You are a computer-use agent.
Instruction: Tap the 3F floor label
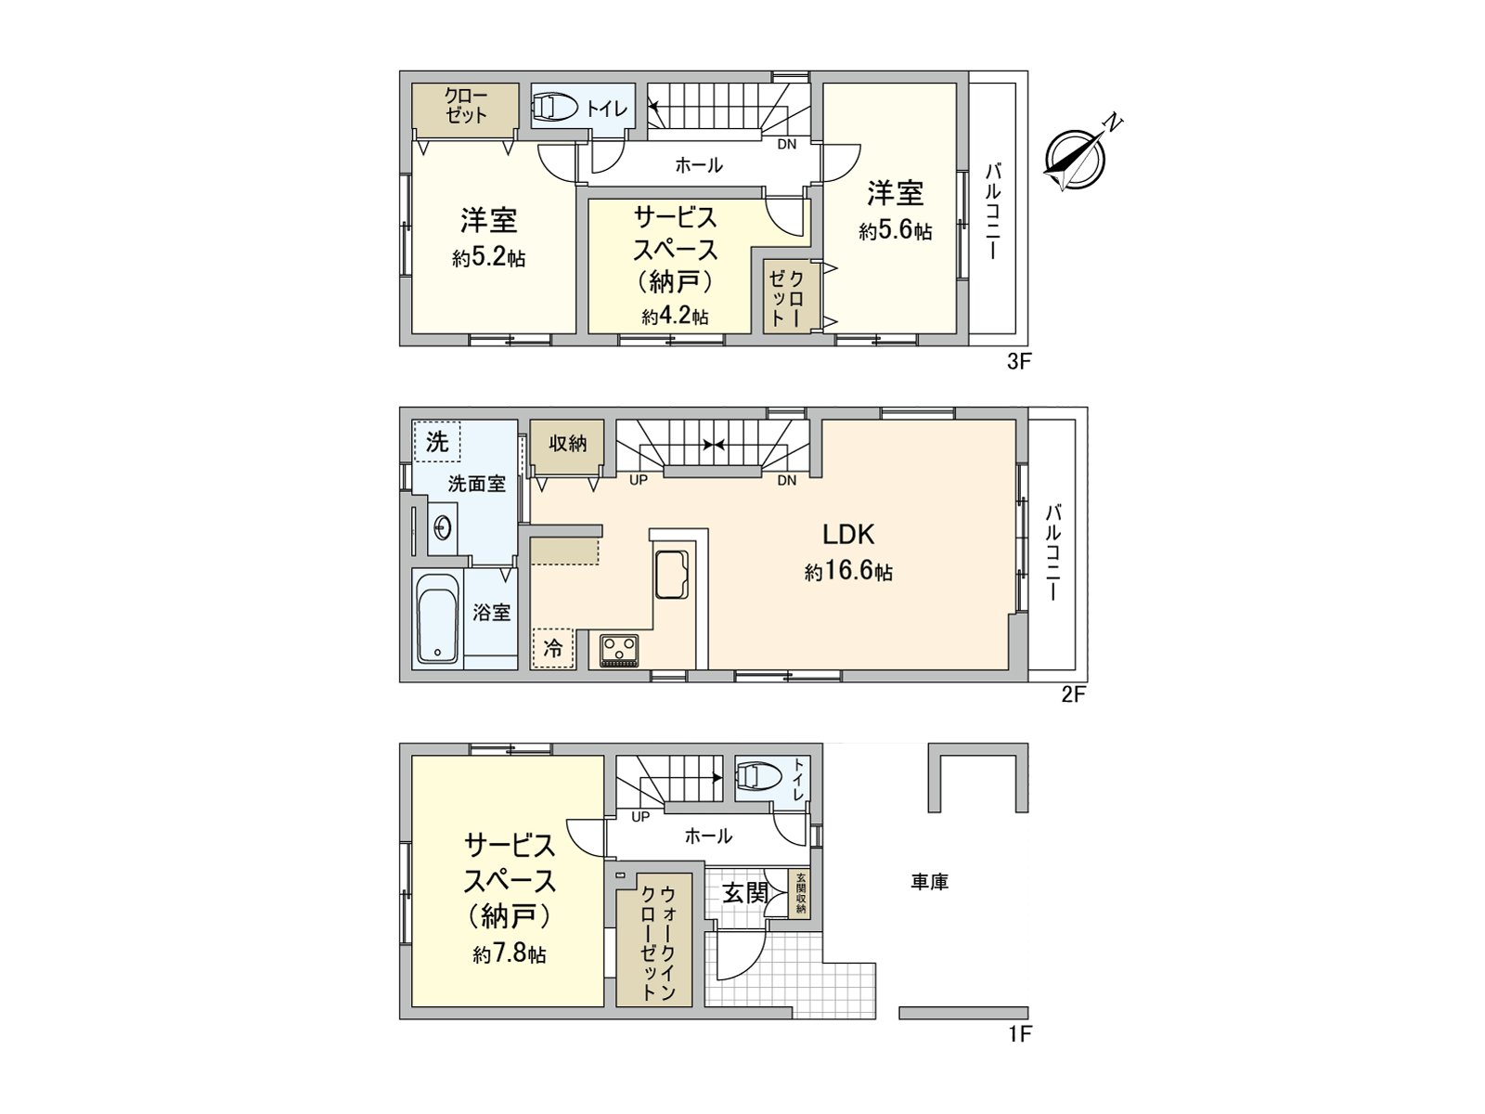(1019, 362)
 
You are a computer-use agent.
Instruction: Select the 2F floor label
(1073, 694)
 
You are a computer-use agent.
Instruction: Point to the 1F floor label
(1019, 1034)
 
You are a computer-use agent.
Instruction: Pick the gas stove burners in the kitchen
(618, 649)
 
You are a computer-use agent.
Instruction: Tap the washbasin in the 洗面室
(443, 528)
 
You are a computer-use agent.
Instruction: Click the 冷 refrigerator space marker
(553, 648)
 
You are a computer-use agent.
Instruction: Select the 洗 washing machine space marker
(437, 442)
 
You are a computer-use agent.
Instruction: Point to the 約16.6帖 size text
(848, 572)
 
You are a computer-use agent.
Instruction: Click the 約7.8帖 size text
(510, 953)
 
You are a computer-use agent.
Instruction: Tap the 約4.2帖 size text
(675, 317)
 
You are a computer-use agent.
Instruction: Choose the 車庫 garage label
(929, 882)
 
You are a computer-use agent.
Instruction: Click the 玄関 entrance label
(745, 893)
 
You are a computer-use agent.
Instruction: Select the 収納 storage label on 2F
(567, 444)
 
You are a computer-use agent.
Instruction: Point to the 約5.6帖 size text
(895, 231)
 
